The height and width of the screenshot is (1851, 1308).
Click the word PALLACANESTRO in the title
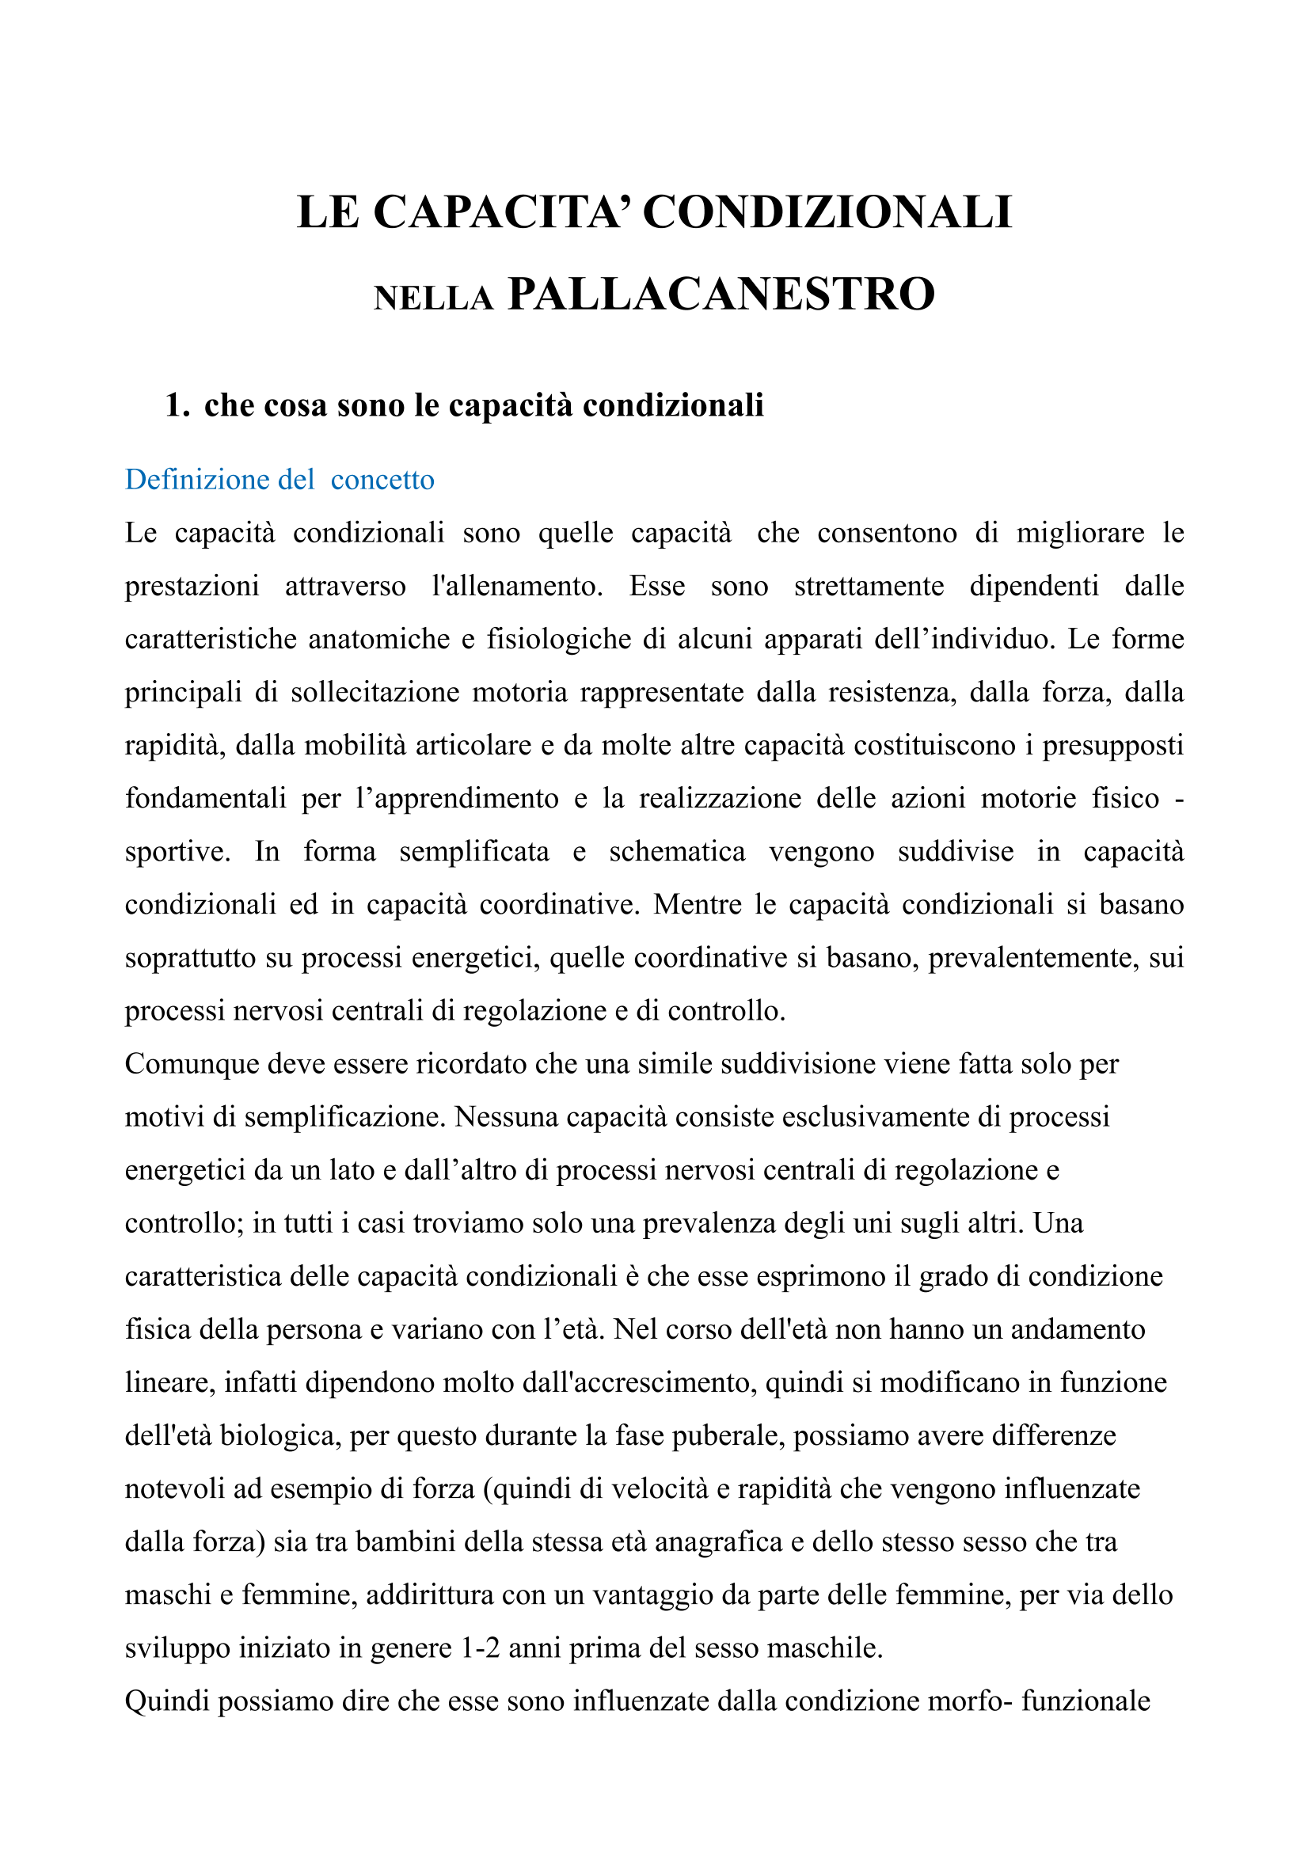coord(721,295)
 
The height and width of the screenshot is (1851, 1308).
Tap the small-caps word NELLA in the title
coord(433,299)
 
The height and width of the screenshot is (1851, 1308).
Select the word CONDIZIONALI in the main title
coord(827,213)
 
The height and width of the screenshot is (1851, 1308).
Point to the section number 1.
coord(177,405)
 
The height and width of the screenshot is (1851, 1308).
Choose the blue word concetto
coord(382,480)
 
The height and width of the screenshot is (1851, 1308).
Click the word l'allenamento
coord(517,586)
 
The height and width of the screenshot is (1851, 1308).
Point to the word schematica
coord(678,851)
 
